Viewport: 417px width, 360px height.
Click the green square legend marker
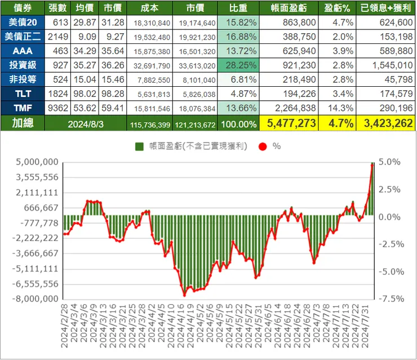139,146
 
